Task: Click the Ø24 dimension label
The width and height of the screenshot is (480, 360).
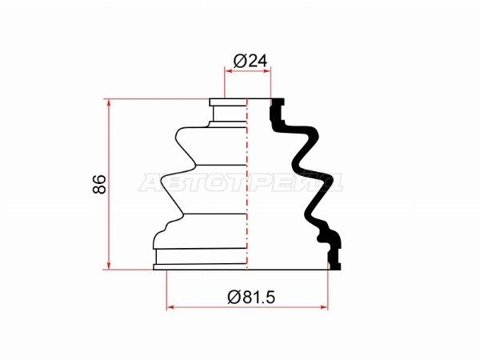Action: pos(250,61)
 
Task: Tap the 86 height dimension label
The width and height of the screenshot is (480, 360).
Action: pos(99,184)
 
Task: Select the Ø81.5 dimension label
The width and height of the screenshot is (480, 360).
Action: pos(251,297)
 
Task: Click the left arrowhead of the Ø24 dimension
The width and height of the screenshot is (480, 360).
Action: pos(229,71)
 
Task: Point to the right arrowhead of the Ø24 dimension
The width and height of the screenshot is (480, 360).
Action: pos(267,71)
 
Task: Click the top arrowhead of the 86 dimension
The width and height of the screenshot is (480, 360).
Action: pos(108,103)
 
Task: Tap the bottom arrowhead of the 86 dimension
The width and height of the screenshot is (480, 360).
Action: pos(108,266)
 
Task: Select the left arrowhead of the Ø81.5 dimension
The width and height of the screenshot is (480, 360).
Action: pos(171,307)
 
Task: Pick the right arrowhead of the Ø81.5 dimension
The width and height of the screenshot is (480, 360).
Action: pos(323,307)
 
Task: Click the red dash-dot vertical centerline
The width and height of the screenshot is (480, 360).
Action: pos(247,184)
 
